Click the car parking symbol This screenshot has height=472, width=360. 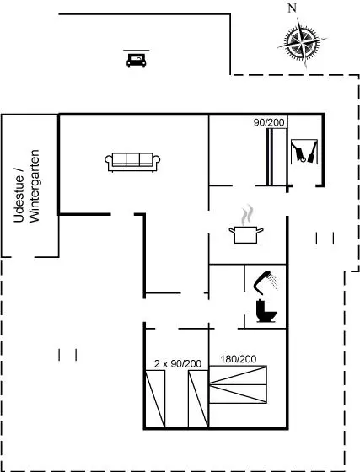[x=136, y=59]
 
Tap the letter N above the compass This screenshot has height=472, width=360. [x=292, y=8]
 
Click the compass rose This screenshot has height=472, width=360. [x=302, y=42]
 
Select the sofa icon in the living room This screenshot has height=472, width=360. [x=132, y=162]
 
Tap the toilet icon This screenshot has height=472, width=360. [x=266, y=311]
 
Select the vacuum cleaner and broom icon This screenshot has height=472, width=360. [x=304, y=152]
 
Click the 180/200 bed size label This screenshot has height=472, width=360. [x=239, y=359]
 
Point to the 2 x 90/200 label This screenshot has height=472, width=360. [x=178, y=363]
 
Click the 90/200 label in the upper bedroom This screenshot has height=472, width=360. [x=269, y=122]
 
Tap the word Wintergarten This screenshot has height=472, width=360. [x=35, y=186]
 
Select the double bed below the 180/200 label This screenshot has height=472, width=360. [x=238, y=384]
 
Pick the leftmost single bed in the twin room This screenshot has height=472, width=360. [x=155, y=399]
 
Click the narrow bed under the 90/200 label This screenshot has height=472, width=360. [x=270, y=157]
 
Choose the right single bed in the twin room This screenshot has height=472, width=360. [x=198, y=399]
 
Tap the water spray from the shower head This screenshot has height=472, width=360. [x=274, y=282]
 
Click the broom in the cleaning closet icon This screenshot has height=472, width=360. [x=313, y=152]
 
